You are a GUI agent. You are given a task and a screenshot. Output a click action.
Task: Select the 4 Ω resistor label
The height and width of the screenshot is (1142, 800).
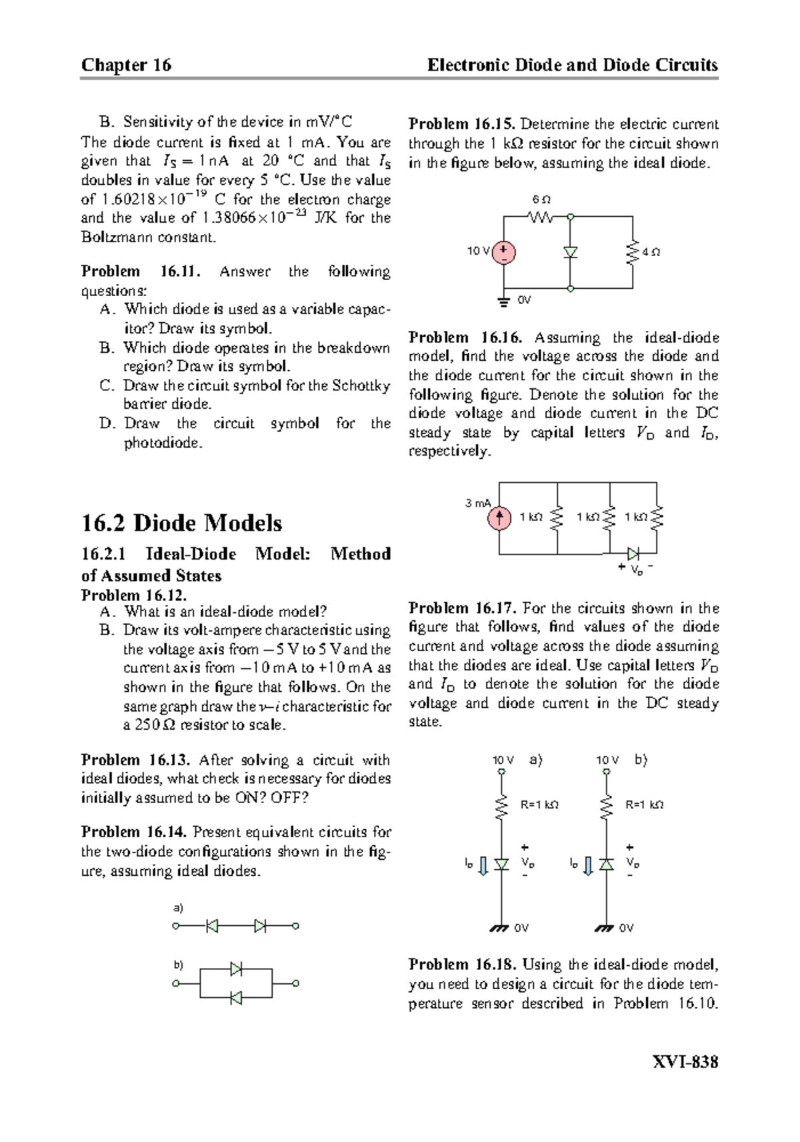651,252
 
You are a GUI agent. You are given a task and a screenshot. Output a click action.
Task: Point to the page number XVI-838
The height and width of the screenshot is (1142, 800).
686,1062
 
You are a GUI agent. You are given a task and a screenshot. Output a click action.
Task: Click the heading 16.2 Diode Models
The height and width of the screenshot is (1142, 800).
181,523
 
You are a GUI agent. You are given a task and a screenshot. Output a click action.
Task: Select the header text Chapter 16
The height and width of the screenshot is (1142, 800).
126,65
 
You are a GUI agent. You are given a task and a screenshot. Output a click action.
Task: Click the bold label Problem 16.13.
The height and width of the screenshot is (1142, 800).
136,760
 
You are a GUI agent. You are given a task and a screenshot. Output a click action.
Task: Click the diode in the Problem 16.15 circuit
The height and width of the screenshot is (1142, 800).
570,252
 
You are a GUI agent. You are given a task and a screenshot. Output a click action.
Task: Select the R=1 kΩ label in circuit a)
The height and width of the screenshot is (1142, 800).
539,805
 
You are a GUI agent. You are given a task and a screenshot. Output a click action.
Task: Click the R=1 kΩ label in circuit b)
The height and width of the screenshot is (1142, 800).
644,805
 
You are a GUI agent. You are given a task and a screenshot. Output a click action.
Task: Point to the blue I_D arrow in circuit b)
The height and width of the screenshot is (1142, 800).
588,865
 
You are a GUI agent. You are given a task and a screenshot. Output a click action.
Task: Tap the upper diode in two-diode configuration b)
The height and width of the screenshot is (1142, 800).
236,969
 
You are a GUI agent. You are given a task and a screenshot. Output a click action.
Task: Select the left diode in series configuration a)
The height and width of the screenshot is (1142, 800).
212,926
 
